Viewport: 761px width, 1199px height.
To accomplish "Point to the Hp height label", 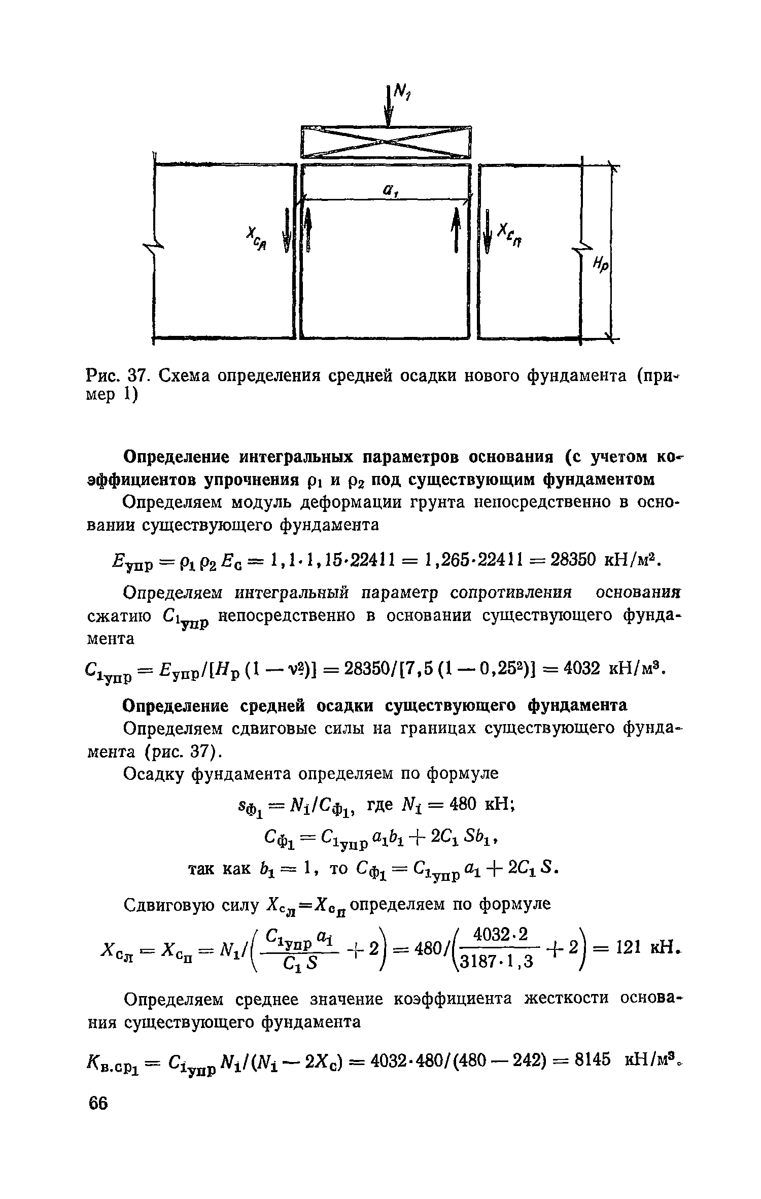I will tap(602, 264).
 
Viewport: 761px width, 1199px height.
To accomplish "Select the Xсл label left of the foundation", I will tap(258, 239).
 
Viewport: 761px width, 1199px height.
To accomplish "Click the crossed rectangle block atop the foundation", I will tap(386, 142).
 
